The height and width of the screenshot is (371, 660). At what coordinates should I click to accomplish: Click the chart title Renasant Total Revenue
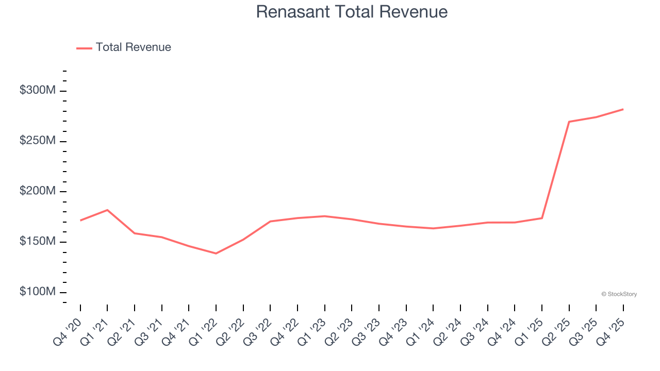click(x=352, y=12)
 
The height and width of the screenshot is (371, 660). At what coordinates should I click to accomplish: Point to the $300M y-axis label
click(x=38, y=90)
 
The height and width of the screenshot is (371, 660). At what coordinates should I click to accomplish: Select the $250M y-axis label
click(x=38, y=141)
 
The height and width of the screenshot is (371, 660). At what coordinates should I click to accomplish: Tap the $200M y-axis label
click(x=38, y=191)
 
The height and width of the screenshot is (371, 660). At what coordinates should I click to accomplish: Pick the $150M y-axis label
click(x=38, y=242)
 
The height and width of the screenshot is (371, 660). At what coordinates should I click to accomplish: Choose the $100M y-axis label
click(x=38, y=292)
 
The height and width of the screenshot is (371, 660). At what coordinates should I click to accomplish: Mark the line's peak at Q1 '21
click(x=107, y=210)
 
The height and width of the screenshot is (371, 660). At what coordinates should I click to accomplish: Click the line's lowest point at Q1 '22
click(x=216, y=254)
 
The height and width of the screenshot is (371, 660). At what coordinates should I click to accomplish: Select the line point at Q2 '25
click(x=569, y=122)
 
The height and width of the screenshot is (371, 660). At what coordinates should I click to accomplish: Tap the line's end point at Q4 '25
click(x=623, y=109)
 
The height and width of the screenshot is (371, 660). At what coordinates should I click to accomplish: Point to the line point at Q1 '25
click(x=541, y=218)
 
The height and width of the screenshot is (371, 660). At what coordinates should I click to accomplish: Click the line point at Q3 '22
click(x=270, y=222)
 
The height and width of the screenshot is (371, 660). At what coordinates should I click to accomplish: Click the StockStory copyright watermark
click(x=619, y=294)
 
